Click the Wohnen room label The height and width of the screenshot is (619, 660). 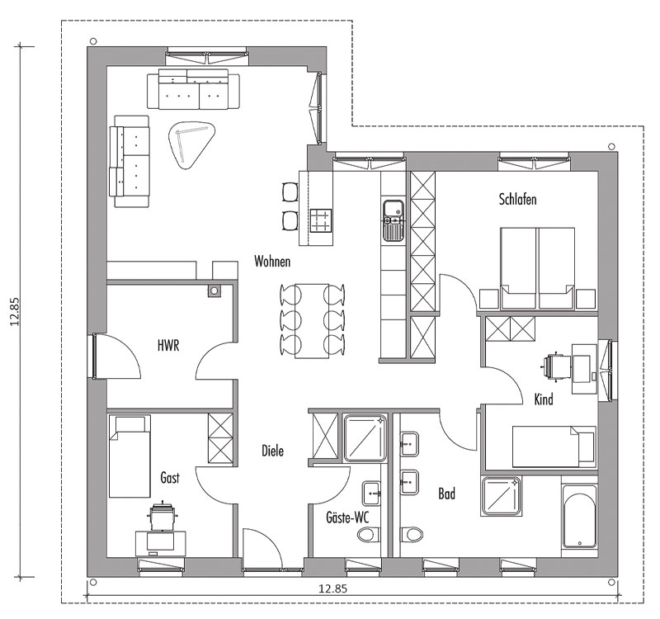point(272,262)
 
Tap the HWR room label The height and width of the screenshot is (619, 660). point(168,346)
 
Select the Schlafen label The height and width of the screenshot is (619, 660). point(518,199)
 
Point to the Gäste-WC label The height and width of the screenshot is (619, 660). point(347,517)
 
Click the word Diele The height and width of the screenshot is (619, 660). point(273,451)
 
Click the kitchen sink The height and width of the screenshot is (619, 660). point(394,220)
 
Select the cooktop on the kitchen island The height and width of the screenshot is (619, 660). point(321,220)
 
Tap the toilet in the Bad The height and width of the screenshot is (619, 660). point(411,535)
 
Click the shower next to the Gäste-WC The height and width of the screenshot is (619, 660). point(365,438)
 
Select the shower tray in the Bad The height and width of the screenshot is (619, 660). point(502,496)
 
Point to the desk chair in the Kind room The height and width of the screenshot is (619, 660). point(554,366)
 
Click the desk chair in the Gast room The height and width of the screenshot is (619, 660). point(162,517)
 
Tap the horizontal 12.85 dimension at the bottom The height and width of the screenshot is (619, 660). point(332,588)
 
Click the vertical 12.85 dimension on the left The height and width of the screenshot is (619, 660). point(15,312)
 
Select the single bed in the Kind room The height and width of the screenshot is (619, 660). point(554,447)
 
